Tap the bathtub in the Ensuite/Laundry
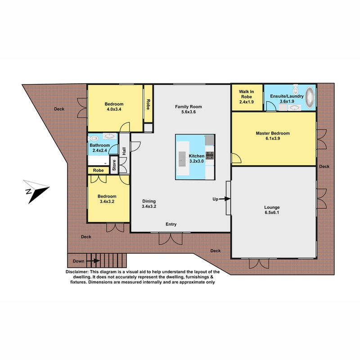tap(310, 97)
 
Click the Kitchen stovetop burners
tap(209, 155)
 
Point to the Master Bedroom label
tap(273, 133)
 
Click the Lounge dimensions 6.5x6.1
tap(272, 212)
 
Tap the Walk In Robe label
tap(246, 94)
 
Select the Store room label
tap(114, 165)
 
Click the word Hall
tap(124, 151)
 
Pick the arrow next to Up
tap(225, 199)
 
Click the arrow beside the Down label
tap(93, 261)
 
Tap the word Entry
tap(171, 224)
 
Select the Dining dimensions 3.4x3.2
tap(149, 207)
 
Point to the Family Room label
tap(189, 107)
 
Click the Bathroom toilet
tap(94, 138)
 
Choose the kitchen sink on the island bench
tap(182, 159)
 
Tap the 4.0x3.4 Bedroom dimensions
tap(114, 109)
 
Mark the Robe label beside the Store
tap(98, 171)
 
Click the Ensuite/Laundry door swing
tap(271, 106)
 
